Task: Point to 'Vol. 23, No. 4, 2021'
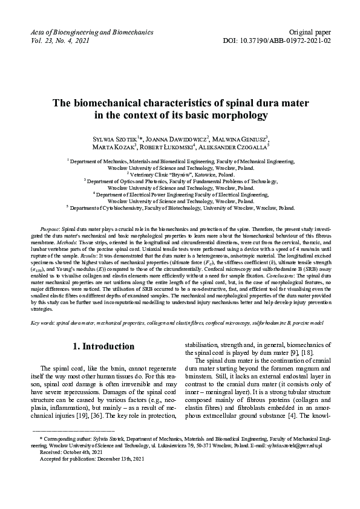(x=60, y=41)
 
